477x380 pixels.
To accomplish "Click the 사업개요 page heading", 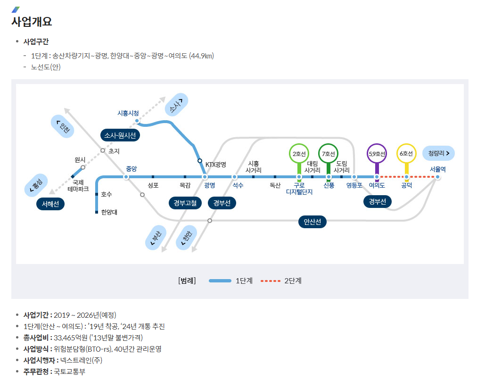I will pyautogui.click(x=32, y=22).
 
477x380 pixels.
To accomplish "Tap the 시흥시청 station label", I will pyautogui.click(x=128, y=113).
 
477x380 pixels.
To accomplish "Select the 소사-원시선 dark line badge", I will pyautogui.click(x=120, y=135).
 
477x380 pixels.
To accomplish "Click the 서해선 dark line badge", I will pyautogui.click(x=50, y=204).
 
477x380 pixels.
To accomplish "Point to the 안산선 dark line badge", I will pyautogui.click(x=312, y=222).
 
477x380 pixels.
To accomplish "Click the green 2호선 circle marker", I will pyautogui.click(x=299, y=154).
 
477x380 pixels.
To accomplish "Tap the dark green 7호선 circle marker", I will pyautogui.click(x=329, y=154).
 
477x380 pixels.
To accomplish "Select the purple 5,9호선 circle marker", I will pyautogui.click(x=377, y=154).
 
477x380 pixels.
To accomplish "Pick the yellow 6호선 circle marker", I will pyautogui.click(x=406, y=154).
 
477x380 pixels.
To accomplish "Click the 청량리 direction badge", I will pyautogui.click(x=438, y=153).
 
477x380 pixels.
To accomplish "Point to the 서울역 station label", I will pyautogui.click(x=437, y=169).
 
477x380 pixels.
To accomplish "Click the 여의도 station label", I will pyautogui.click(x=377, y=186).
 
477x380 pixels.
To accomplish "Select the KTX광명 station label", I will pyautogui.click(x=216, y=165).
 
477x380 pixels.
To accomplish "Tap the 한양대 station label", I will pyautogui.click(x=109, y=212).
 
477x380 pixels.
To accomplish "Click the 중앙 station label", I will pyautogui.click(x=132, y=169).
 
